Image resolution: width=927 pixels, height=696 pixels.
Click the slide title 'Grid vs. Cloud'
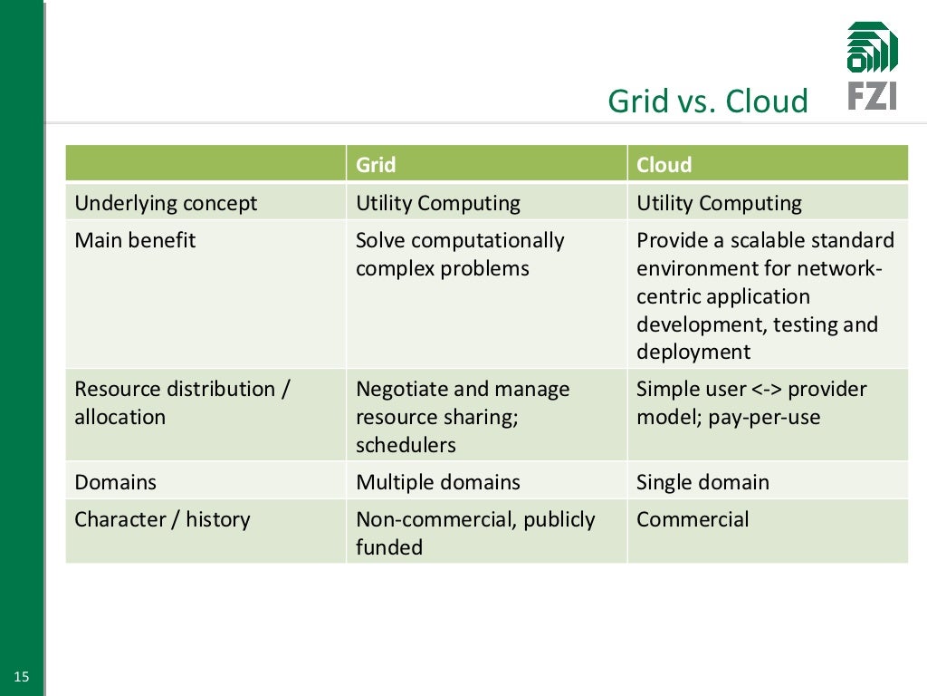(x=707, y=101)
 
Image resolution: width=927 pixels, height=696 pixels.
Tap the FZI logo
(x=872, y=66)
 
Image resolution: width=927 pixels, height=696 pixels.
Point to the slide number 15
(x=22, y=676)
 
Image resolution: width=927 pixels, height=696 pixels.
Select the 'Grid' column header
(x=376, y=165)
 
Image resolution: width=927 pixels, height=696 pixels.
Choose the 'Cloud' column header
(x=664, y=165)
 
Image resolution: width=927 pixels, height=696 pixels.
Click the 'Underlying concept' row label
(x=166, y=203)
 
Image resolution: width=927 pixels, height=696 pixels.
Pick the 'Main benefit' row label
(x=135, y=240)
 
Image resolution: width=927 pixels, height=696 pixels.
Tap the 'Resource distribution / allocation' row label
(x=181, y=403)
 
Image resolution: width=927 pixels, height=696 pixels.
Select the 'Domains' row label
(x=115, y=482)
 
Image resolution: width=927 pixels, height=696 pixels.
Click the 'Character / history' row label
(x=162, y=519)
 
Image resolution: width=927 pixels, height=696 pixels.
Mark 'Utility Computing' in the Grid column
(x=437, y=203)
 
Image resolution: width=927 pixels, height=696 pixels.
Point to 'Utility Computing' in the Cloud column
(x=719, y=203)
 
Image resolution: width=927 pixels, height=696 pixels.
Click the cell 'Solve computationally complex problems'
(x=459, y=255)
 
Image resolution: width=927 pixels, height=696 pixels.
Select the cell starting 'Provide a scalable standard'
(x=764, y=295)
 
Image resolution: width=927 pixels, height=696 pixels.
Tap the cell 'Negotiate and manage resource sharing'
(x=462, y=416)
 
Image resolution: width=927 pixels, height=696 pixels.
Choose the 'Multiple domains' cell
(x=437, y=482)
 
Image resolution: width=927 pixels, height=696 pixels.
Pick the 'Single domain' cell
(x=702, y=482)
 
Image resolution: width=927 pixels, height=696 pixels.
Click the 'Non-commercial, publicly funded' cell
(x=474, y=533)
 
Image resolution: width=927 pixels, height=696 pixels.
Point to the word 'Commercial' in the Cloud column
(x=693, y=519)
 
